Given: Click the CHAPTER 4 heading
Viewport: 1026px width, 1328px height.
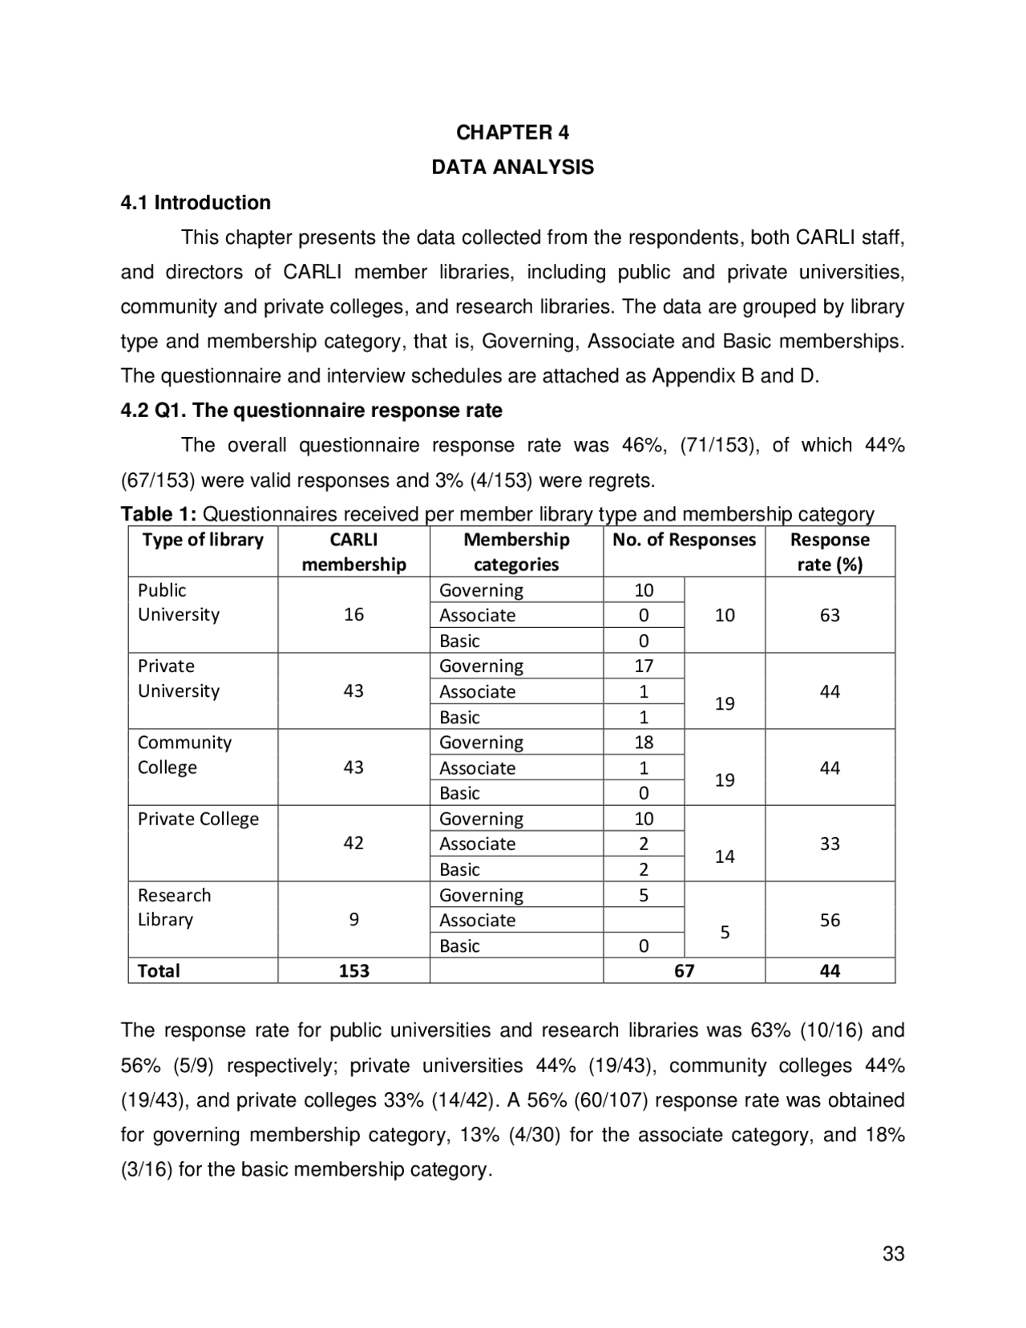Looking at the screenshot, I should tap(512, 132).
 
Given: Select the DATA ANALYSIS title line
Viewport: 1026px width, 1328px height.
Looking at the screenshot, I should tap(512, 168).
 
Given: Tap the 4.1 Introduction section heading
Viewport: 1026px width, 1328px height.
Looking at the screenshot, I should tap(196, 203).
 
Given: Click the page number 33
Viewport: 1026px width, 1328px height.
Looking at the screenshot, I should tap(893, 1254).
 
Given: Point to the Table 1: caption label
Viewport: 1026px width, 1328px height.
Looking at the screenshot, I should tap(158, 514).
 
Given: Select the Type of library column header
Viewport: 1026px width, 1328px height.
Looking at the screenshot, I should tap(203, 540).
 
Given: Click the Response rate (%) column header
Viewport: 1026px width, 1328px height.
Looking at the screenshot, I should tap(830, 552).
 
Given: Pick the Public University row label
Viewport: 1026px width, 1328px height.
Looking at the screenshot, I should tap(178, 602).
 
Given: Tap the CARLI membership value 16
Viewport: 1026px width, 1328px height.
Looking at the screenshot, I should tap(353, 615).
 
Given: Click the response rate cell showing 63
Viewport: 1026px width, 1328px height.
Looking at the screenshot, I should tap(830, 615).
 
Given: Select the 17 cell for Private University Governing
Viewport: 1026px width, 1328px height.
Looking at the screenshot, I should tap(644, 666).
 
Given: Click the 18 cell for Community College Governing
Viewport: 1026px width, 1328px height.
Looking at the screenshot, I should tap(644, 742).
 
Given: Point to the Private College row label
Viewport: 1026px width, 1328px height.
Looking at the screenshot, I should tap(198, 819).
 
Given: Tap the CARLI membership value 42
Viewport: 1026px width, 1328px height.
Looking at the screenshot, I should tap(353, 843).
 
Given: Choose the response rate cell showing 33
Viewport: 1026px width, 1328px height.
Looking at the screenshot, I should tap(830, 844).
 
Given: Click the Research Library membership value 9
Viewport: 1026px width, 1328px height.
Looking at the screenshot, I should tap(353, 920).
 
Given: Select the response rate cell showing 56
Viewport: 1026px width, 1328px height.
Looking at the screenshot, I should tap(830, 920).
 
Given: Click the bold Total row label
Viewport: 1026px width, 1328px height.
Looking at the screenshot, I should tap(159, 971).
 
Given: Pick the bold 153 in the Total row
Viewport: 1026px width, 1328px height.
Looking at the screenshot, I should tap(353, 971).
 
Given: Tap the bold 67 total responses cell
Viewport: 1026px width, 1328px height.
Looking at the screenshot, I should tap(684, 971).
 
